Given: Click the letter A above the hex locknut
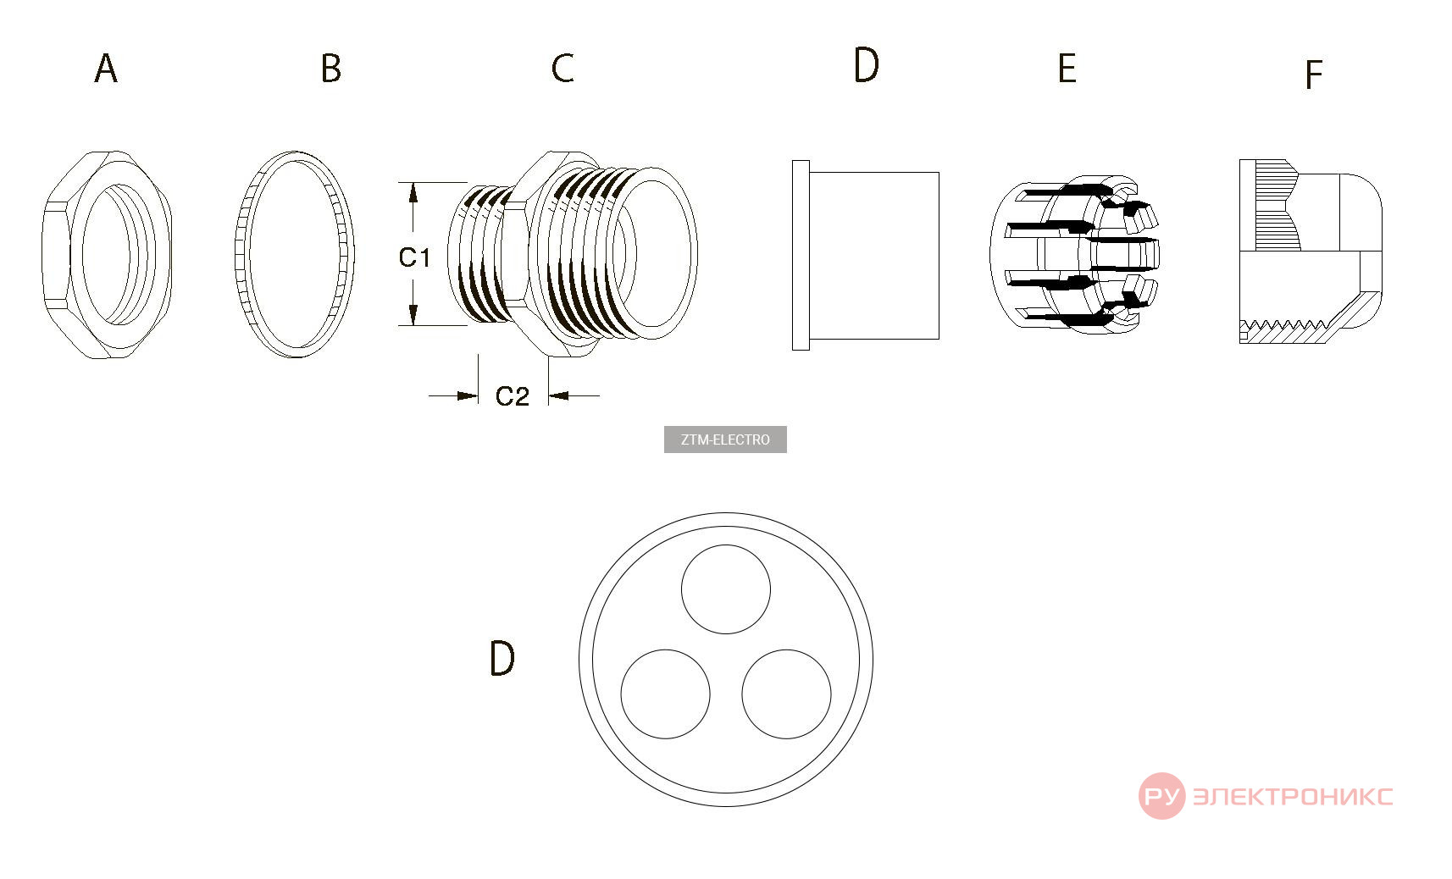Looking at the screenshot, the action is [106, 69].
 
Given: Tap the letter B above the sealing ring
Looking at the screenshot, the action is [331, 68].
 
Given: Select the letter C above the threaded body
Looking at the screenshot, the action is [563, 69].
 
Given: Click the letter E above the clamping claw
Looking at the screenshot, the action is [1067, 69].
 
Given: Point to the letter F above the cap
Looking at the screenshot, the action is [1313, 75].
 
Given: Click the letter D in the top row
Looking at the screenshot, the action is [866, 65].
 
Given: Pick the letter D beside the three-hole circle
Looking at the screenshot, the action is [502, 659].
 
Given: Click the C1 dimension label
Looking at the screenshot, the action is [414, 257].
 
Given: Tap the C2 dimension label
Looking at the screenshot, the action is [512, 395].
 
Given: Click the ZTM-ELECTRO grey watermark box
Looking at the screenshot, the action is [725, 439].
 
